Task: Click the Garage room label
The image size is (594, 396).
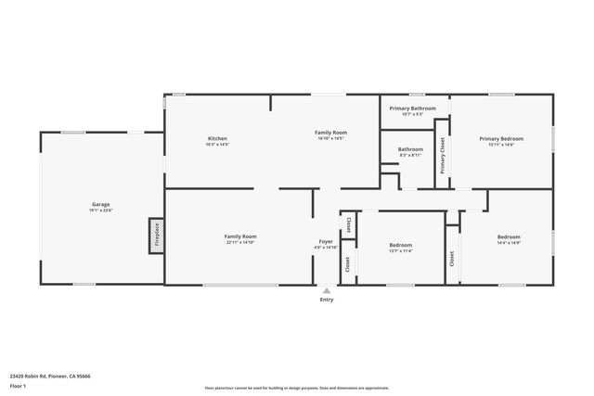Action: [x=101, y=203]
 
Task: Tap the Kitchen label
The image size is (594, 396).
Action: [x=217, y=139]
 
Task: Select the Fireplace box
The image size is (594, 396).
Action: [x=156, y=236]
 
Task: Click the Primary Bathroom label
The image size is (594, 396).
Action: [x=412, y=109]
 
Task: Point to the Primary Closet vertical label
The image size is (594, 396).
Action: [x=443, y=156]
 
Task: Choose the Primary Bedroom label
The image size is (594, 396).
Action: [x=501, y=139]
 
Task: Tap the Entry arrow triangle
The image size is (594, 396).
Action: [x=326, y=289]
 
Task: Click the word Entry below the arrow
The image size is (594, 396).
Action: [x=326, y=300]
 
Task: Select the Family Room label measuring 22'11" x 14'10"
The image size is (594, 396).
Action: [x=239, y=236]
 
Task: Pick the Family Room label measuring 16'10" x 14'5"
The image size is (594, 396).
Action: [x=330, y=133]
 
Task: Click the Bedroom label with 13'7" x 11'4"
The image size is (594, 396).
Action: [x=400, y=245]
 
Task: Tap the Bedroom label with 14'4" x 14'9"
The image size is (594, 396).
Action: [x=508, y=236]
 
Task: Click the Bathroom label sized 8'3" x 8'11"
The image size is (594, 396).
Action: [x=410, y=149]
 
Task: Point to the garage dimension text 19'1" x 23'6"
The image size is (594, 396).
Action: [x=101, y=210]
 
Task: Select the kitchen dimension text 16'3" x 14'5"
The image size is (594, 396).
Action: [x=217, y=145]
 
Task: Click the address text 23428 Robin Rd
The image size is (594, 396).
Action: [x=50, y=377]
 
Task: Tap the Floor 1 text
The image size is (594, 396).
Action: [x=18, y=386]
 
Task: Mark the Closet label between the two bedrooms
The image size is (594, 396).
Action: [x=452, y=259]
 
